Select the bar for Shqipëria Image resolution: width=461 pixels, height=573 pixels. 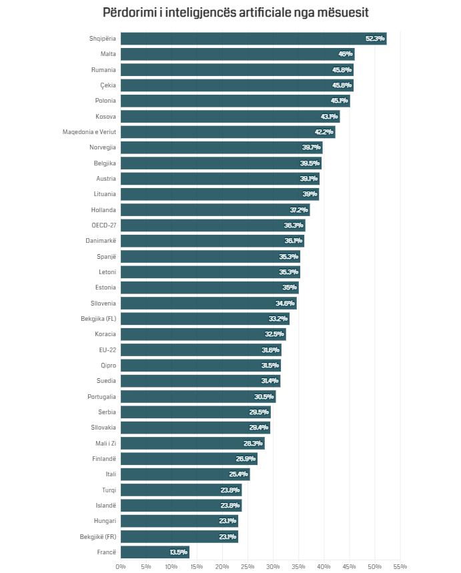pos(254,39)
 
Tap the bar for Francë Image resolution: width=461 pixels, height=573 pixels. pos(155,552)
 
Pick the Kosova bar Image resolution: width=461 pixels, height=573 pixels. pos(230,117)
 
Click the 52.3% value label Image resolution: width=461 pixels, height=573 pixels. pos(375,39)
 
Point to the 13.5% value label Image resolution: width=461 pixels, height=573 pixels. pos(178,552)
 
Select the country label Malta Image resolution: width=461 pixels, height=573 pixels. pos(107,54)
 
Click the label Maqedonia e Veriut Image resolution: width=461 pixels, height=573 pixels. pos(89,132)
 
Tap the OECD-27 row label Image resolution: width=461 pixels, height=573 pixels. pos(103,225)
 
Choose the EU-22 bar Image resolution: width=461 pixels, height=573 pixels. pos(200,350)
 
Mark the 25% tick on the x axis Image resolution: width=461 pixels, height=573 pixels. pos(248,566)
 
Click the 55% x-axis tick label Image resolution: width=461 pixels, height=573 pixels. pos(400,566)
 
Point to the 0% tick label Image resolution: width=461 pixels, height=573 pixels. pos(121,566)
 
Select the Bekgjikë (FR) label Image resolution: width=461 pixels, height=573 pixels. pos(97,537)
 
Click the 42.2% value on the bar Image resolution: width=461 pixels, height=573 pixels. pos(324,132)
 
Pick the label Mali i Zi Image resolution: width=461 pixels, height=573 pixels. pos(105,444)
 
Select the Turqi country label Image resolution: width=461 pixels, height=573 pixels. pos(109,490)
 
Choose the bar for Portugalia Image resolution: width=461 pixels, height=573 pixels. pos(198,397)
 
